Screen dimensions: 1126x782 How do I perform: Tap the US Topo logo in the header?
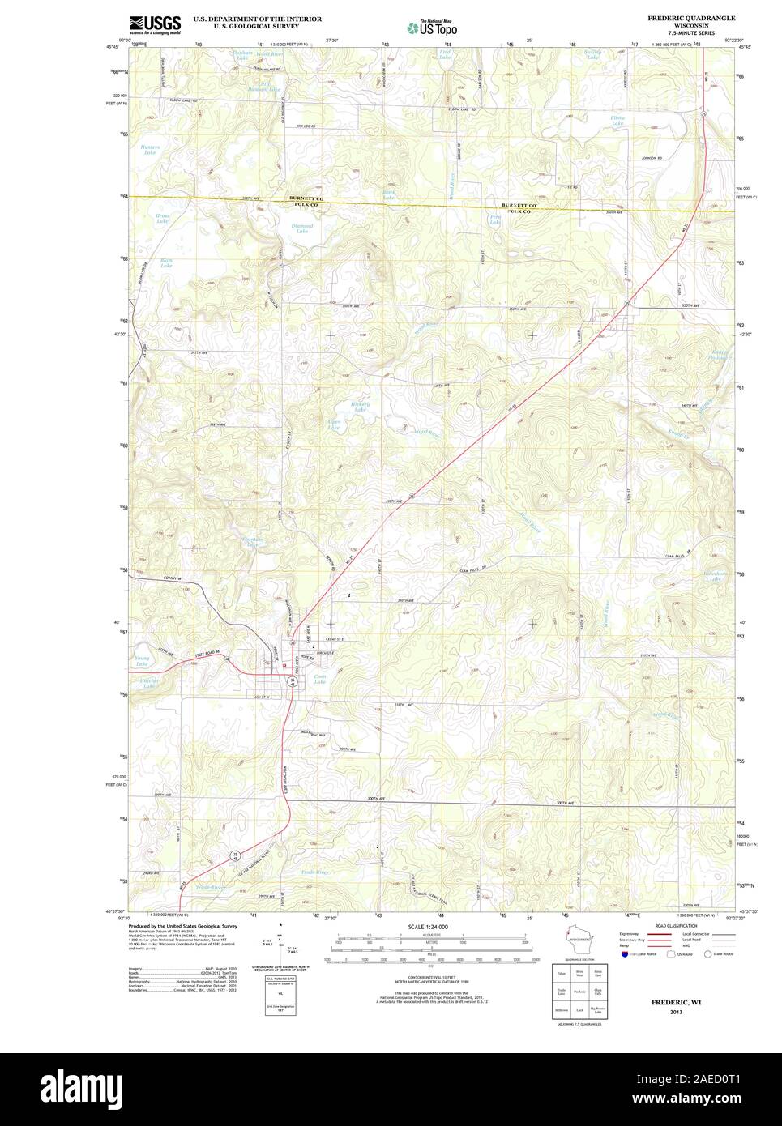[x=434, y=26]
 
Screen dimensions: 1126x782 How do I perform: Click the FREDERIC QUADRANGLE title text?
[x=690, y=17]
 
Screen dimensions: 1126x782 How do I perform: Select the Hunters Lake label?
[x=150, y=150]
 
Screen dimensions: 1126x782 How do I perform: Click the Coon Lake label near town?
[x=320, y=679]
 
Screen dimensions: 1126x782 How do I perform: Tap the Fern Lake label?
[x=494, y=220]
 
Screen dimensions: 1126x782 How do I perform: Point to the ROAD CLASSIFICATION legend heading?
[x=676, y=925]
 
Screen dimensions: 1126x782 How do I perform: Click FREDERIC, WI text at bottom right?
[x=675, y=1002]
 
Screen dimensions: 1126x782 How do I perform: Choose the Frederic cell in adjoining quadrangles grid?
[x=579, y=991]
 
